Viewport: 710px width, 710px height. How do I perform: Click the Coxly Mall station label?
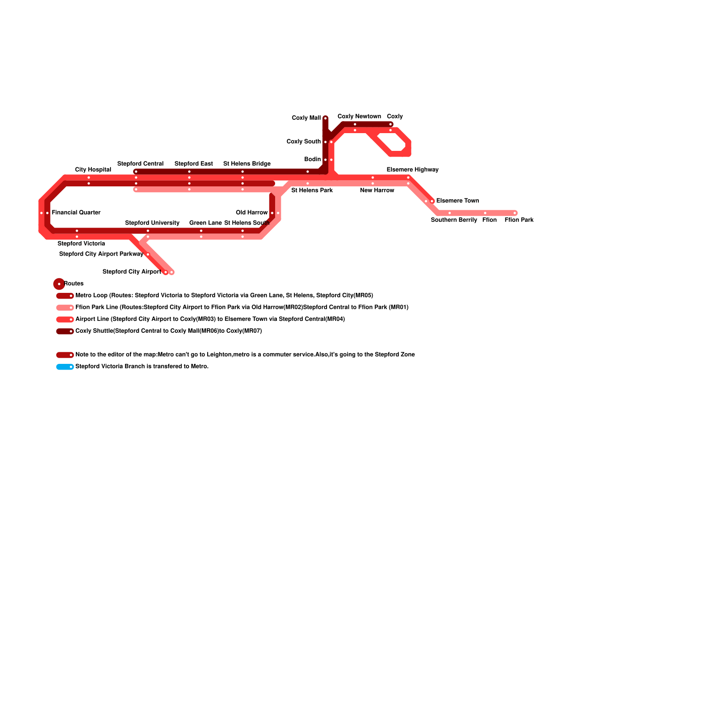pos(306,118)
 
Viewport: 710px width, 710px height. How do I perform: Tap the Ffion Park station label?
pos(519,220)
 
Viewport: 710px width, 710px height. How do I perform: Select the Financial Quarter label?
pos(76,213)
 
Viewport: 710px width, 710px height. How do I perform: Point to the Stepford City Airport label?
pos(131,272)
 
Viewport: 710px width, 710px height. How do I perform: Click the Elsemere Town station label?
pos(458,201)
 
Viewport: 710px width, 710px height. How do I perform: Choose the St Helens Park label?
pos(312,191)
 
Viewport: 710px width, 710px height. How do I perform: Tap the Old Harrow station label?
pos(252,213)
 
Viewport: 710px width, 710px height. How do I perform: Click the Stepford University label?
pos(152,223)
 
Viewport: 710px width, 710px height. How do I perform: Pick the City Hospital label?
pos(93,170)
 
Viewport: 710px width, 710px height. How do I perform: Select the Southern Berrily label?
pos(454,220)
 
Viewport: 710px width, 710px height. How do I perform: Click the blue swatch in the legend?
pos(65,367)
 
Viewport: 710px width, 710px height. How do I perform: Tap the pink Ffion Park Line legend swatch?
pos(65,308)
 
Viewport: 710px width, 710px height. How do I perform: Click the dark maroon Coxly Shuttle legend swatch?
pos(65,331)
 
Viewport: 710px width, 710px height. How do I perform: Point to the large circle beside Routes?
pos(59,284)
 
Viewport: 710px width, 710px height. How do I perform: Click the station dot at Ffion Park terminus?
pos(515,213)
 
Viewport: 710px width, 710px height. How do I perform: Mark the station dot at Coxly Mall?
pos(325,118)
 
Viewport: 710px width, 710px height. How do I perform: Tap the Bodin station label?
pos(312,160)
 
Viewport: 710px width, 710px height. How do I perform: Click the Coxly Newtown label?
pos(359,117)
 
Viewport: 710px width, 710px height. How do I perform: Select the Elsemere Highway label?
pos(412,170)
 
